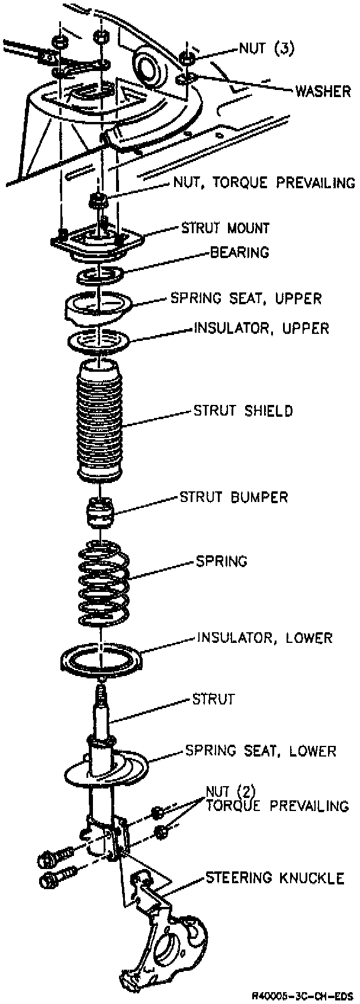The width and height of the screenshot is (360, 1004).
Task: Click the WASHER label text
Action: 323,91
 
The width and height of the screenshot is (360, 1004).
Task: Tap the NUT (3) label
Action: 266,49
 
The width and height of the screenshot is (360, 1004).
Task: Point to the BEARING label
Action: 239,253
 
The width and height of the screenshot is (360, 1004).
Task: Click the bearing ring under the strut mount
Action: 99,274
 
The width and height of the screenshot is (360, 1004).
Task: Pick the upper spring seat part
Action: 98,305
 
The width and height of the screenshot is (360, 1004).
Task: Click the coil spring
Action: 104,583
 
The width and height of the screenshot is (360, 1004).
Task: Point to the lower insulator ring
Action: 102,659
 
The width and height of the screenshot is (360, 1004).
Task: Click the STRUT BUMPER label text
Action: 234,497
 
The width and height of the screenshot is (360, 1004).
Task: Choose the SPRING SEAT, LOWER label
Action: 261,751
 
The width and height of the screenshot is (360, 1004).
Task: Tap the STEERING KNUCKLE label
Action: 274,878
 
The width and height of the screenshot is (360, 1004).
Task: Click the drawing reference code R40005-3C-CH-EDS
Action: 302,995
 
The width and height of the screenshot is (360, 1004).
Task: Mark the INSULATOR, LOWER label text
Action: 264,638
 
